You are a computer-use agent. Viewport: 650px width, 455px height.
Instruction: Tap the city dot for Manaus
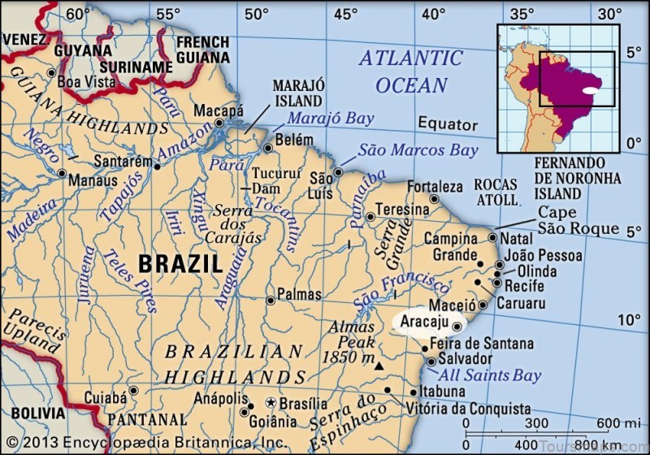pyautogui.click(x=62, y=172)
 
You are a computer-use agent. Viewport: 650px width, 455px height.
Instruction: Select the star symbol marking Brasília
pyautogui.click(x=271, y=403)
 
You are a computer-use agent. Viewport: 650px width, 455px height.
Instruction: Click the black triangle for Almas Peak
pyautogui.click(x=379, y=367)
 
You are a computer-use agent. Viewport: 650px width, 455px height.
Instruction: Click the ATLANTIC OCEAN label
pyautogui.click(x=410, y=71)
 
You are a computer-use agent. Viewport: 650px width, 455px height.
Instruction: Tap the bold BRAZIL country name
pyautogui.click(x=180, y=263)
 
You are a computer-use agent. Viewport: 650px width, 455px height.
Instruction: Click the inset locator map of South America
pyautogui.click(x=558, y=88)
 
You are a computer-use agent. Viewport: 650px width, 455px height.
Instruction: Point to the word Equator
pyautogui.click(x=448, y=124)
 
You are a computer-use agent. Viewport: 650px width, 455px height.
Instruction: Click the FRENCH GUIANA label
pyautogui.click(x=203, y=50)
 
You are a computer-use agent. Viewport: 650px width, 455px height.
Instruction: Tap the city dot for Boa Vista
pyautogui.click(x=51, y=72)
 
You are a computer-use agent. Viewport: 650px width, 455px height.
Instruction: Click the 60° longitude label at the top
pyautogui.click(x=78, y=13)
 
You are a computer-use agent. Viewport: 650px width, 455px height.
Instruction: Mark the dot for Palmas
pyautogui.click(x=270, y=300)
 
